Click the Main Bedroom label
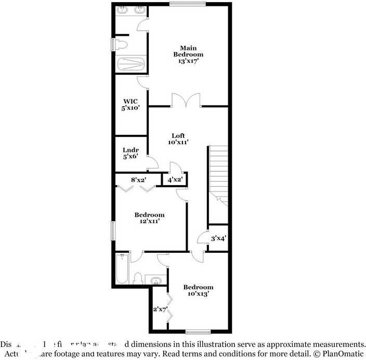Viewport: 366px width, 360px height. coord(188,51)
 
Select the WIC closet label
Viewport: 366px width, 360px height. coord(129,101)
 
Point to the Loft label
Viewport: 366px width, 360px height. coord(178,135)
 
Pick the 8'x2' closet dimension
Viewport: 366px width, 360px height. coord(138,179)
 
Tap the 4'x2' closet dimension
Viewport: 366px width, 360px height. coord(175,180)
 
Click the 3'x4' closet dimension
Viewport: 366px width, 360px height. coord(218,239)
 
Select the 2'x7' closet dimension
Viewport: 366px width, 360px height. coord(159,310)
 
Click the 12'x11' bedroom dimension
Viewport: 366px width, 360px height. coord(149,221)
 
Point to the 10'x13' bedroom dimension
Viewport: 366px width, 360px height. coord(198,293)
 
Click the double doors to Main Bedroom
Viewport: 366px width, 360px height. coord(186,100)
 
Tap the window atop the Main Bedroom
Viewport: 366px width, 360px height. coord(188,4)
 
